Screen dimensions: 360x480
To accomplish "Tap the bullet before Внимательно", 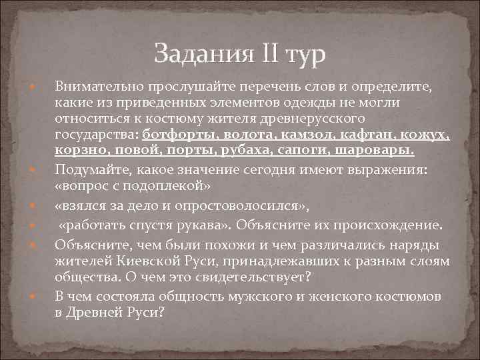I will (31, 88).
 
